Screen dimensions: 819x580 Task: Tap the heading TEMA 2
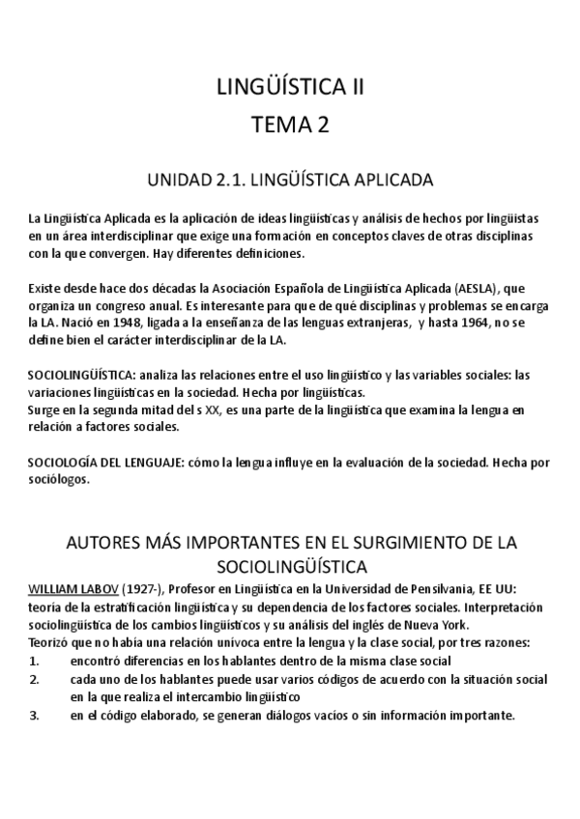point(290,125)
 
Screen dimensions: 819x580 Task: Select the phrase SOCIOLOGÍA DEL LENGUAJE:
point(106,462)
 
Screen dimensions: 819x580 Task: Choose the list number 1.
point(34,660)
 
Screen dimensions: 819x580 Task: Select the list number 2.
point(34,678)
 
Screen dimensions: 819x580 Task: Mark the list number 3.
point(34,715)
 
